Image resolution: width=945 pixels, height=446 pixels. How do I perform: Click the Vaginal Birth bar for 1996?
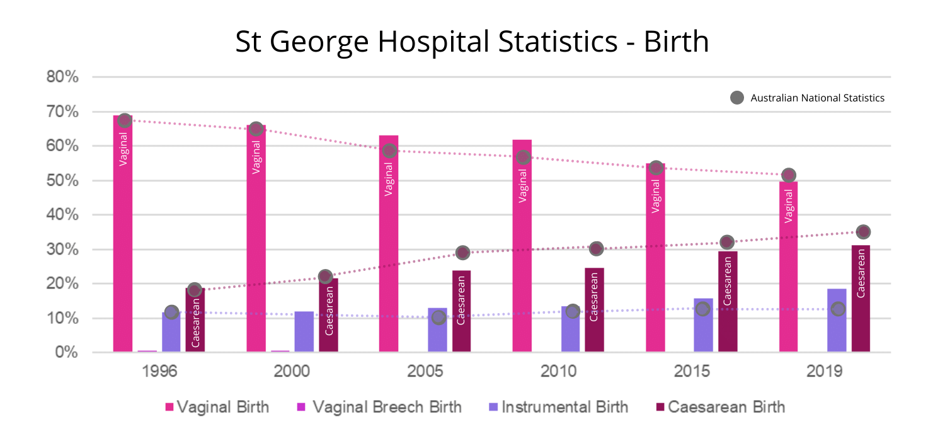click(123, 233)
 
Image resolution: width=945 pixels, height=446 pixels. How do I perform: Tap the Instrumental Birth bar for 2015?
click(703, 325)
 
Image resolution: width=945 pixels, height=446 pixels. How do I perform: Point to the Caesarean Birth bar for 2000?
click(328, 315)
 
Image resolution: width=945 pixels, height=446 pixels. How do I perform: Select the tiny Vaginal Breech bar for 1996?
click(147, 351)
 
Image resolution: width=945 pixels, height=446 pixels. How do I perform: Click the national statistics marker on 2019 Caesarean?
click(863, 232)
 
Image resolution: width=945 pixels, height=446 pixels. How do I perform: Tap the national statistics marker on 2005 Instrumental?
click(439, 317)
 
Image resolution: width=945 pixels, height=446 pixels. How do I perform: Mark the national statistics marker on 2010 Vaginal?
click(522, 157)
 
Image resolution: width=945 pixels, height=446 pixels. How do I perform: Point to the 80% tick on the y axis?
click(62, 77)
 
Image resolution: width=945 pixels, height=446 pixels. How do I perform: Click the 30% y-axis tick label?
click(62, 249)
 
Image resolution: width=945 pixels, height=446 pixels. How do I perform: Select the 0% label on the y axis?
click(66, 353)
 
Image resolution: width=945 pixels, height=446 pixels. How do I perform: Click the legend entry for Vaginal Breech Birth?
click(379, 407)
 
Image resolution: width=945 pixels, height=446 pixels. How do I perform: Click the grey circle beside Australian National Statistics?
click(736, 98)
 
